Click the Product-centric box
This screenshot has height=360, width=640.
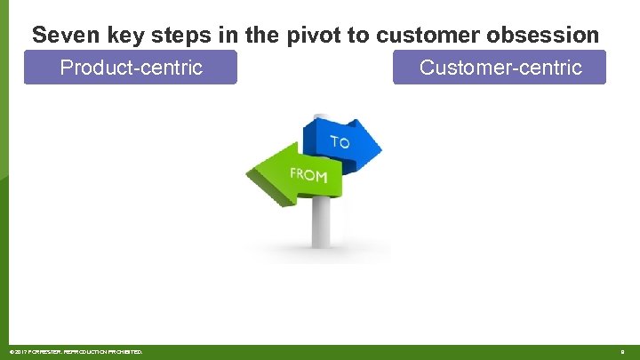point(131,68)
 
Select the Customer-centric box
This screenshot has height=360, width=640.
point(500,68)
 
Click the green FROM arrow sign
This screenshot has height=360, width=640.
point(293,174)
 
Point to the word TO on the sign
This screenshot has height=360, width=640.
point(340,142)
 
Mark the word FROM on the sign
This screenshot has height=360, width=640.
point(308,175)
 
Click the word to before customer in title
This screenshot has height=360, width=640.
point(361,36)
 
